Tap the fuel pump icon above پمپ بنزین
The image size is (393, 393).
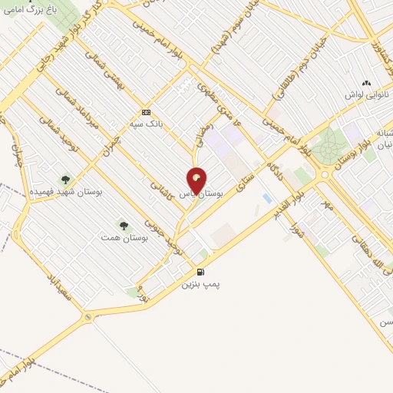(201, 272)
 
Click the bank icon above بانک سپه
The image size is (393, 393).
(147, 111)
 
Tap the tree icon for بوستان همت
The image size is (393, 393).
(124, 226)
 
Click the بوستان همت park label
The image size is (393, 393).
(124, 238)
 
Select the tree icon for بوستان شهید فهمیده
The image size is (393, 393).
(65, 179)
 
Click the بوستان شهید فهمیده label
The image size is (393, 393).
(56, 190)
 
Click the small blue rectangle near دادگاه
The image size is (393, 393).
(266, 198)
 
